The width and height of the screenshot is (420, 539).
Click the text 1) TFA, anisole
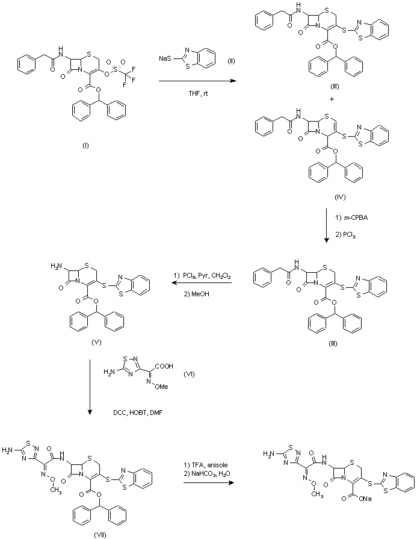[x=208, y=465]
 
